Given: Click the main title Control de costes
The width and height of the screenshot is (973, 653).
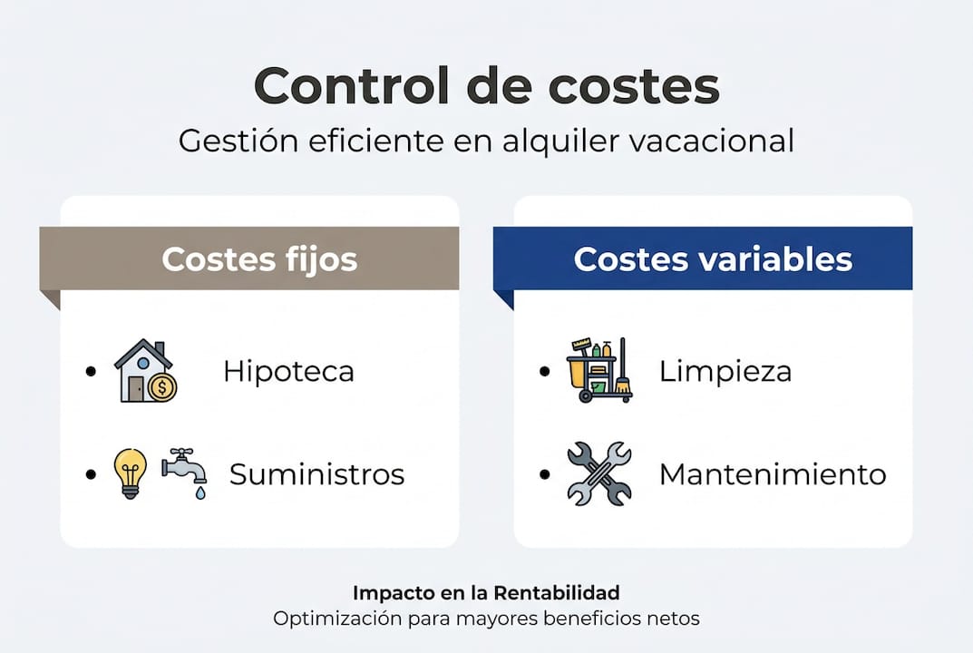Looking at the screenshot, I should pos(486,86).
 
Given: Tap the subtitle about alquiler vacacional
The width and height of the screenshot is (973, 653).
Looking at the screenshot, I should pos(486,141).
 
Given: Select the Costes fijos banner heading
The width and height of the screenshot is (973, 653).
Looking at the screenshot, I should pos(259,259).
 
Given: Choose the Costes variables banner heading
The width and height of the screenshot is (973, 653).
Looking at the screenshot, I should pos(713,259).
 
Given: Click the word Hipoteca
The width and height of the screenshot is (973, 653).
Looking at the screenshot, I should pos(288,372).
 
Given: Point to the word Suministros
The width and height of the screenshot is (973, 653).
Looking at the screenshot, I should pos(316,474).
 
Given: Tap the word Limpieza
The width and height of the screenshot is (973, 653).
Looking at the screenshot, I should pos(725,372).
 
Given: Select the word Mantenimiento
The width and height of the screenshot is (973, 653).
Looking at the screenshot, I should pos(772,474).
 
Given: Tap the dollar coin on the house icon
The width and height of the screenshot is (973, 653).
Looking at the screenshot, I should pos(163,388).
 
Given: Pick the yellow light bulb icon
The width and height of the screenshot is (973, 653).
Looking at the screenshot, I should pos(130,473).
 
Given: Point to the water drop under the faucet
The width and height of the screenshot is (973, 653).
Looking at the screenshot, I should pos(200,492).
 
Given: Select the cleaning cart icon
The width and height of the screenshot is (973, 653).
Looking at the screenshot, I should pos(598,371).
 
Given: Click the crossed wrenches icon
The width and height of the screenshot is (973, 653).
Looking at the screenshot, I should pos(598,473).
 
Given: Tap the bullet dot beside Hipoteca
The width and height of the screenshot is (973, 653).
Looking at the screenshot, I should pos(90,372).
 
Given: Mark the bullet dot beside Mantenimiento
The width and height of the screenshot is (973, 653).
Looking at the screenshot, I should pos(543,474).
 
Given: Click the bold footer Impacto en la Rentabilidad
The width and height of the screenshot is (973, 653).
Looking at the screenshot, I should pos(486,593).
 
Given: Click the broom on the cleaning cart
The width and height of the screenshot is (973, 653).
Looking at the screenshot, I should pos(623,381).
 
